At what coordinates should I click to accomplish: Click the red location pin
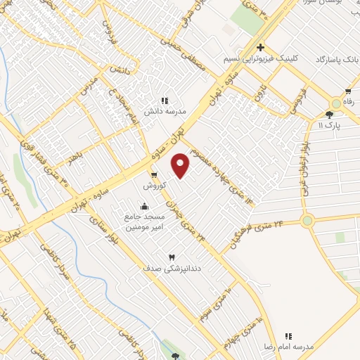click(x=181, y=165)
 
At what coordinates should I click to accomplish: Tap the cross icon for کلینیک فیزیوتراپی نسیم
click(x=260, y=48)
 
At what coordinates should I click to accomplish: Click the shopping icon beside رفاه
click(x=347, y=91)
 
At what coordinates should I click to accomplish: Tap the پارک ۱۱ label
click(x=328, y=124)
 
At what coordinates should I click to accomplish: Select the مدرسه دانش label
click(x=164, y=111)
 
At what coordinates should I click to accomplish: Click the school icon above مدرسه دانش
click(x=165, y=101)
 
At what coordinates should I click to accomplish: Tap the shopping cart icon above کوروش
click(x=153, y=175)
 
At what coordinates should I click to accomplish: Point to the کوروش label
click(x=154, y=186)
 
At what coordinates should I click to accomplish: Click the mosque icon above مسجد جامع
click(x=144, y=206)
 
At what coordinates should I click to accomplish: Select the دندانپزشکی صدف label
click(x=166, y=269)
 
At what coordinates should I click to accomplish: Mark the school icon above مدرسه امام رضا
click(x=288, y=336)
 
